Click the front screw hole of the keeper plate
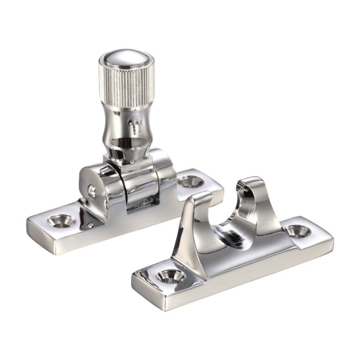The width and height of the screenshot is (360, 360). [x=170, y=275]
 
